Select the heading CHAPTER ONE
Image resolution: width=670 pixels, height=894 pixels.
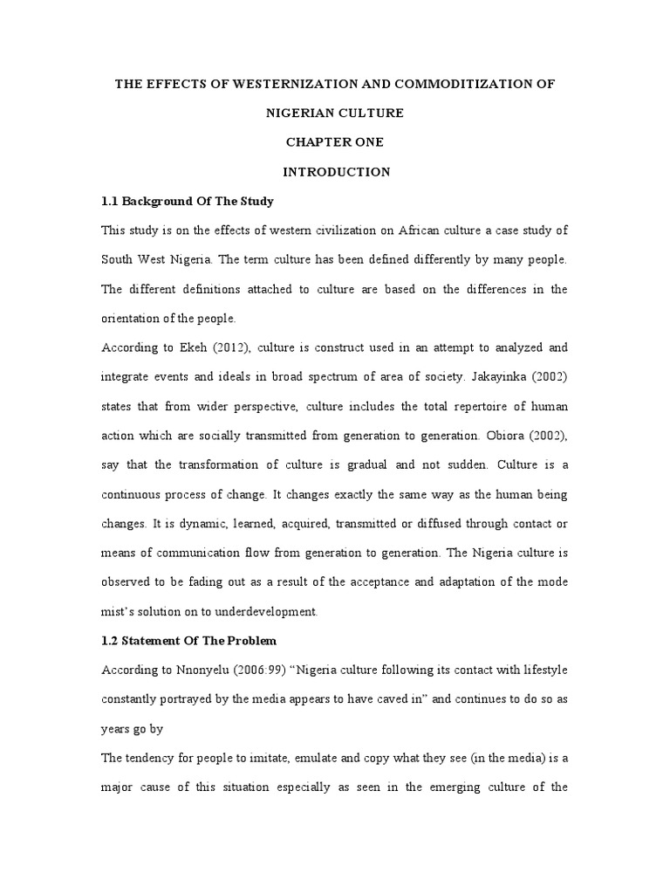(x=335, y=142)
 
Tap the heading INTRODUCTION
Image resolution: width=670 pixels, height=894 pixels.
(x=335, y=172)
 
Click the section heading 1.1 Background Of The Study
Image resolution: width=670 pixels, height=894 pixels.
(x=188, y=202)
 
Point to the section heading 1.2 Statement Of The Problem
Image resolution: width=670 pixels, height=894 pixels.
(x=189, y=641)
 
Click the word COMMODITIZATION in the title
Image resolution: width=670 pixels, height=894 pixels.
(x=459, y=84)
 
